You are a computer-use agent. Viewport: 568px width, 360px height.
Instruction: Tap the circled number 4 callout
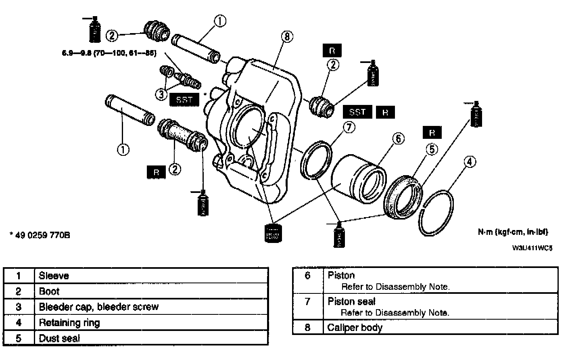coord(469,162)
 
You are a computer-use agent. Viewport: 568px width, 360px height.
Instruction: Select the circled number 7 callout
coord(349,128)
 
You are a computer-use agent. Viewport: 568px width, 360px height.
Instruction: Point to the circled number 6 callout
coord(397,139)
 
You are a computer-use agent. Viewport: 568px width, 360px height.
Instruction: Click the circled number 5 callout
coord(432,149)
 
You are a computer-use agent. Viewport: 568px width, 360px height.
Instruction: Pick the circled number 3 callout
coord(161,94)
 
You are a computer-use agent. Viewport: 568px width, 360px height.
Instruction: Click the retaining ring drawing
coord(437,212)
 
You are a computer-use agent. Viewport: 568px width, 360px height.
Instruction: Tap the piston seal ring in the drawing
coord(317,159)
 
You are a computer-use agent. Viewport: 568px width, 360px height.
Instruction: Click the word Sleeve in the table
coord(54,276)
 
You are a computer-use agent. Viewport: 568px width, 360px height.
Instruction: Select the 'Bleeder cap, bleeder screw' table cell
coord(98,307)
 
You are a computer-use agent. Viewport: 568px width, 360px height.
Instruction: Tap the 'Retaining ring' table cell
coord(69,322)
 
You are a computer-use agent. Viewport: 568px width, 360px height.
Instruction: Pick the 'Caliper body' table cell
coord(355,327)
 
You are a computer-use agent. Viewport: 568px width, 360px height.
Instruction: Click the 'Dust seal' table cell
coord(59,338)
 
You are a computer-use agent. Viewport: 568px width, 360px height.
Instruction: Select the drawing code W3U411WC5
coord(532,247)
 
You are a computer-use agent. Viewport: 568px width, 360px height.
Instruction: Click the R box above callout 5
coord(432,132)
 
